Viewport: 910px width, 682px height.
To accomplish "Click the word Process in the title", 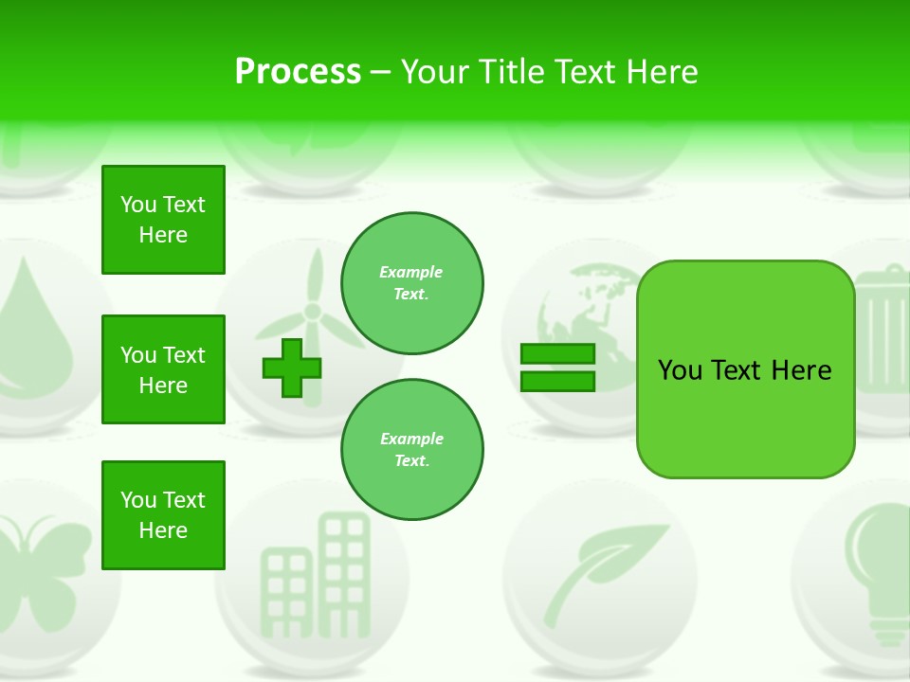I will click(x=298, y=72).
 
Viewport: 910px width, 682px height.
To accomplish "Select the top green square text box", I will click(x=163, y=220).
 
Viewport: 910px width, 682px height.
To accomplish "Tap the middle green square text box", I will click(x=163, y=369).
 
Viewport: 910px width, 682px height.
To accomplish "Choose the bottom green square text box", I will click(x=163, y=515).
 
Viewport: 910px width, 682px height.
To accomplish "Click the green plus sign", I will click(x=292, y=368).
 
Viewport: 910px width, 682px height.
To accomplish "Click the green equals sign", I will click(x=557, y=368).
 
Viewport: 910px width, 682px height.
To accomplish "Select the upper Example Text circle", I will click(x=411, y=283).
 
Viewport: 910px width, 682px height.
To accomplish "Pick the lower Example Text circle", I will click(x=411, y=450).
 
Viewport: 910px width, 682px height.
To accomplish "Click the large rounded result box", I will click(x=745, y=369).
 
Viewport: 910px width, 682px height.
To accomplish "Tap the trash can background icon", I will click(x=882, y=332).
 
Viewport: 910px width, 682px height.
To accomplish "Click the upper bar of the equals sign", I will click(x=557, y=353).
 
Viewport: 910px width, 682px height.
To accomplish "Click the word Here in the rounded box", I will click(x=801, y=370).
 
